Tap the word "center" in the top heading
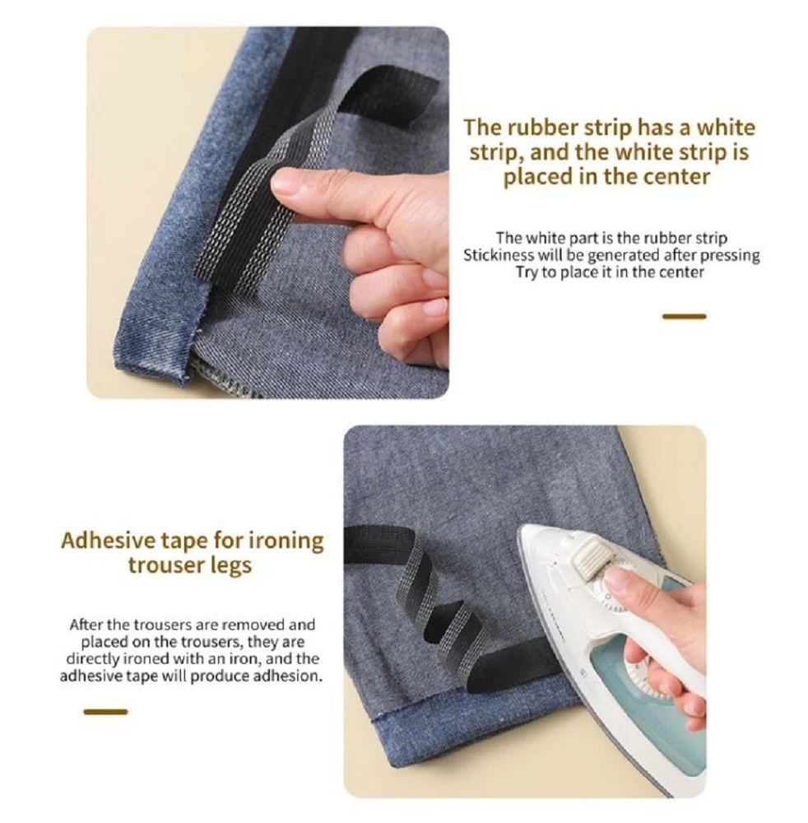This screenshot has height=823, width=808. tap(678, 176)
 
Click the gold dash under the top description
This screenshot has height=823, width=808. tap(685, 317)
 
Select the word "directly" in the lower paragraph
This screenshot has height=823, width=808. tap(92, 659)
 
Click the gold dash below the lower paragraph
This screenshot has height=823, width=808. tap(105, 712)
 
